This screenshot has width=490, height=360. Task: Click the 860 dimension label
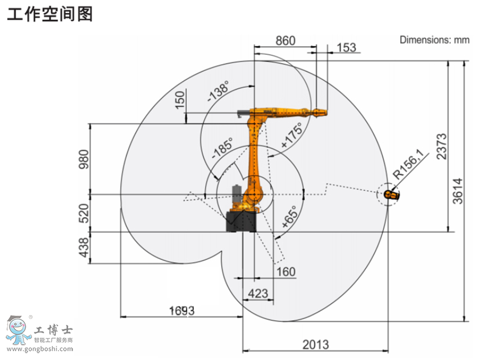point(285,40)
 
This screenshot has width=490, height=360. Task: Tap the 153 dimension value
point(346,48)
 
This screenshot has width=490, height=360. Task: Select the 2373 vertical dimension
point(442,147)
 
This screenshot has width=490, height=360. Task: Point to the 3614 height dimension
point(457,191)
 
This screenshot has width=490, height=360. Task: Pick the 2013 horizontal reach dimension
point(316,345)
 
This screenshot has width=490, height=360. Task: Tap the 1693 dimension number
point(182,311)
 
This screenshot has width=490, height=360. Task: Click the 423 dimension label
point(258,294)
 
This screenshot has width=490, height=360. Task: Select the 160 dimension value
point(286,272)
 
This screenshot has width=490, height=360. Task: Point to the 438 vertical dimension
point(83,247)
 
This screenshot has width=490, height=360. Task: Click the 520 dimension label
point(83,213)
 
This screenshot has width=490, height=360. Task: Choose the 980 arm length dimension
point(83,159)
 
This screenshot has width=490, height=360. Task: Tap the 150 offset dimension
point(180,100)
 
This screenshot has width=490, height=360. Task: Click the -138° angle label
point(218,91)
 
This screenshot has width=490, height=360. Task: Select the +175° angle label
point(292,135)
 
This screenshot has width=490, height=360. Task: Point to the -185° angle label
point(222,147)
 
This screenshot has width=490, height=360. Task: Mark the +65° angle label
point(289,217)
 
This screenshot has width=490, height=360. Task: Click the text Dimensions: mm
point(435,40)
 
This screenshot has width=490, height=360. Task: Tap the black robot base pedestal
point(242,222)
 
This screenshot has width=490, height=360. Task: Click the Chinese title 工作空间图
point(49,15)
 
